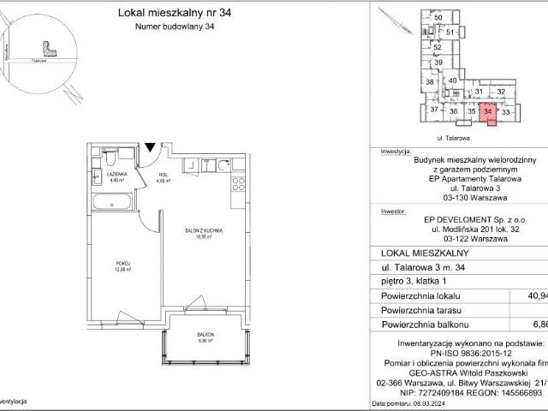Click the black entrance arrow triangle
tap(151, 146)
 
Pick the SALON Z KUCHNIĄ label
tap(204, 231)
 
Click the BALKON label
tap(204, 336)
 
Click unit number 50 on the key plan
tap(438, 18)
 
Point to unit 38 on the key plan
tap(430, 82)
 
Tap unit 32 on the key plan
tap(503, 91)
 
